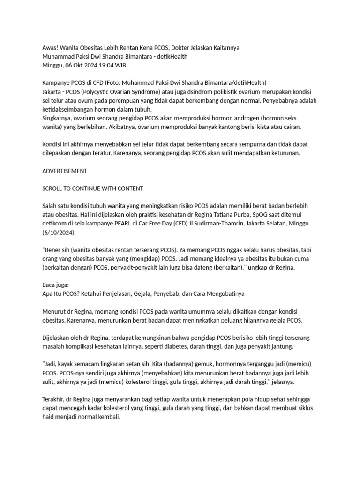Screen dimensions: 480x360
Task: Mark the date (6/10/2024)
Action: pyautogui.click(x=59, y=232)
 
